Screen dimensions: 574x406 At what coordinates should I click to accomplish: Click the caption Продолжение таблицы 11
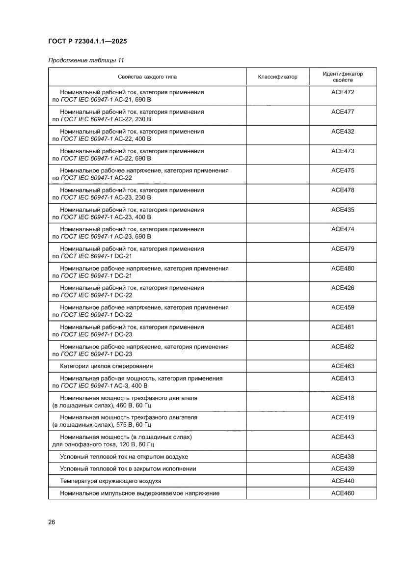point(86,60)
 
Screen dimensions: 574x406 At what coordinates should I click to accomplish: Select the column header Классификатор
point(277,77)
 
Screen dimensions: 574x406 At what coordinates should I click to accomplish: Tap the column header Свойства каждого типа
point(147,77)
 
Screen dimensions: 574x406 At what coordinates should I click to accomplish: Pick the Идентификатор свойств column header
point(343,77)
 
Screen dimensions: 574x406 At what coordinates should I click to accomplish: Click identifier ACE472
point(343,92)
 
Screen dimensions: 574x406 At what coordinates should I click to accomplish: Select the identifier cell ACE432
point(343,132)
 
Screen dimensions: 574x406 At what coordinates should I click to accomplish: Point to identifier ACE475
point(343,170)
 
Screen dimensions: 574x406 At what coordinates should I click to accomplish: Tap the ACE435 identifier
point(343,210)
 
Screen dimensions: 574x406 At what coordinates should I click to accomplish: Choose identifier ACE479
point(343,249)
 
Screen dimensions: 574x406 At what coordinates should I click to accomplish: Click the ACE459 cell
point(343,307)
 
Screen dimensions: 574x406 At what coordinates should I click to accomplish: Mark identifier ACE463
point(343,366)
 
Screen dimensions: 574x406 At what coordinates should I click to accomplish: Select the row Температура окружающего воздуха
point(110,481)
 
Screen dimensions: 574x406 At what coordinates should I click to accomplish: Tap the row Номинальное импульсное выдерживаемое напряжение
point(139,493)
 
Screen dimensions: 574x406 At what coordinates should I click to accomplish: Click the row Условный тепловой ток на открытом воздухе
point(124,457)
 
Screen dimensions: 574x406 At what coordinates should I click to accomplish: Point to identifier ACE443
point(343,437)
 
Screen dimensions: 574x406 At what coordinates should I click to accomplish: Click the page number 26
point(52,522)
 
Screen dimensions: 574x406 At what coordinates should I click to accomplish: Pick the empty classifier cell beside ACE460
point(277,493)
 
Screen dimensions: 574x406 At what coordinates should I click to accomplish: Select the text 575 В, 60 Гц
point(133,425)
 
